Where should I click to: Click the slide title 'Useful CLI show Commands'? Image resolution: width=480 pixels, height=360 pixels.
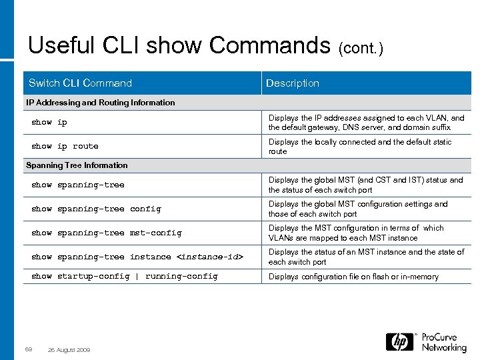tap(179, 45)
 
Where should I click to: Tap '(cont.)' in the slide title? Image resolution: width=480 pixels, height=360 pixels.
tap(361, 48)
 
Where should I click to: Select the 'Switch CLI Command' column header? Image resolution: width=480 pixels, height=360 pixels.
tap(80, 83)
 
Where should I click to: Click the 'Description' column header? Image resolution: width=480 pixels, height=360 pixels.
tap(293, 83)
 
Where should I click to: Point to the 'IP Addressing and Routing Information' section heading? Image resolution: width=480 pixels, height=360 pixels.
tap(100, 103)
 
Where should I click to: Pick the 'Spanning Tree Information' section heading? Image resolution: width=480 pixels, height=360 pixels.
tap(77, 165)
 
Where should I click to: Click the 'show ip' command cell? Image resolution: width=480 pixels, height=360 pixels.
tap(49, 123)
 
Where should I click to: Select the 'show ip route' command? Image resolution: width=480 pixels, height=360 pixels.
tap(65, 147)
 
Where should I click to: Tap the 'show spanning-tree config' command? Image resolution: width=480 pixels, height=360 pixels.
tap(96, 209)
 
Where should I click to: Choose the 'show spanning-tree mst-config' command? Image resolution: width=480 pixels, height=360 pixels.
tap(107, 233)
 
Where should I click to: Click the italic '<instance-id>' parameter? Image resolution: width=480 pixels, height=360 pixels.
tap(209, 257)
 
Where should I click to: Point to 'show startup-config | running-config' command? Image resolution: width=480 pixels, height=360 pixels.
tap(125, 277)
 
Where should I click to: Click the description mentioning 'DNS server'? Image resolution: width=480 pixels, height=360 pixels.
tap(366, 123)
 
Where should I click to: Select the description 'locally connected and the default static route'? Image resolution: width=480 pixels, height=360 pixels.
tap(360, 147)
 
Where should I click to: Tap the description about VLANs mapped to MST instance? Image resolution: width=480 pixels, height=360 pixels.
tap(356, 233)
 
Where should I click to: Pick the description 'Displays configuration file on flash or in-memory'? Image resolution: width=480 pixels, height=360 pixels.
tap(353, 277)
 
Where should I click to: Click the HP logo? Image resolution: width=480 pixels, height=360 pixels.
tap(400, 342)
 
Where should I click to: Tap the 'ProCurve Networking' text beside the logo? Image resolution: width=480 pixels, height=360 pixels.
tap(444, 342)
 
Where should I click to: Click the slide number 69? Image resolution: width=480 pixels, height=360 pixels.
tap(29, 350)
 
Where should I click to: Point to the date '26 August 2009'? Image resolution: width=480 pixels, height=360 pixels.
tap(70, 350)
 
